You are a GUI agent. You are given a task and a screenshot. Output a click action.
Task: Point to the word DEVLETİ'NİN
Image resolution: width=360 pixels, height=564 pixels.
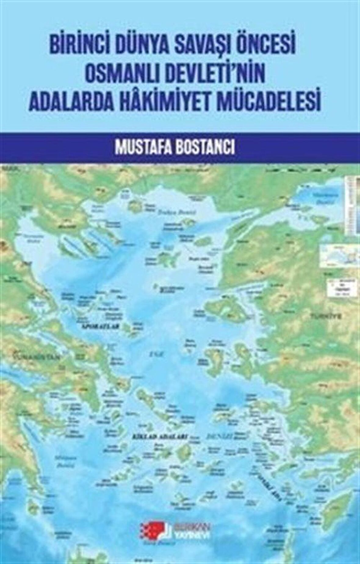coord(214,75)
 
